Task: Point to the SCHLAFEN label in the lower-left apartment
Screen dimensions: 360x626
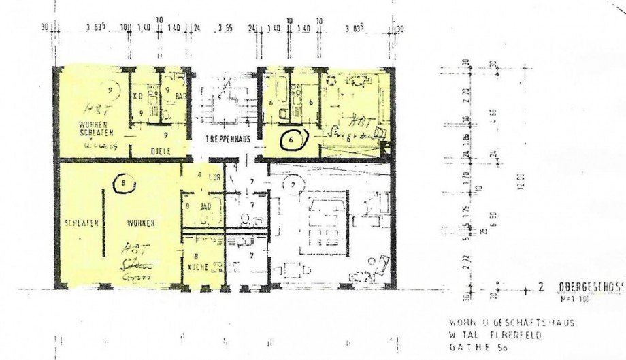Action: [x=79, y=223]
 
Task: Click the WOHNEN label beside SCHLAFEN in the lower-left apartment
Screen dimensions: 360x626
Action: [x=139, y=223]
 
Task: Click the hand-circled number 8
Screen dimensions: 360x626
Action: [x=122, y=183]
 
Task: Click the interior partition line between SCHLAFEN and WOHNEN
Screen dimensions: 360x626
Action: [x=104, y=225]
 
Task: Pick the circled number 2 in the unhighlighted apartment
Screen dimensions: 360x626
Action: [x=293, y=184]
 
